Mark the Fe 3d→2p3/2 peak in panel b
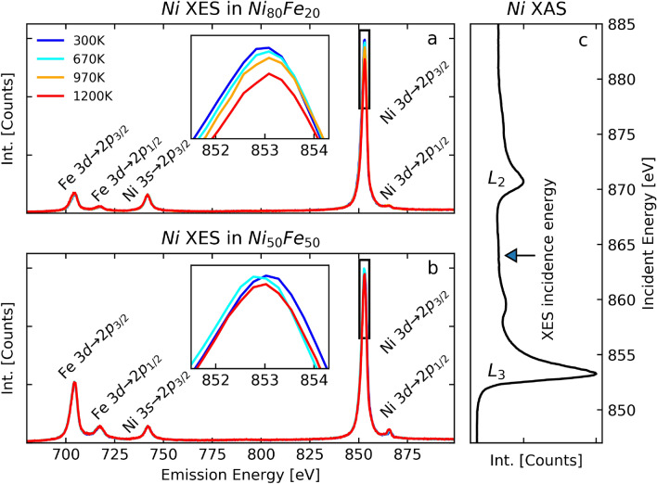point(74,383)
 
